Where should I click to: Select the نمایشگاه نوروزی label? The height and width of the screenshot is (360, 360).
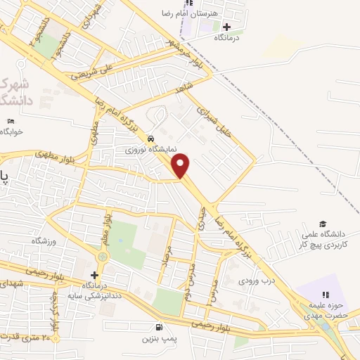tap(143, 150)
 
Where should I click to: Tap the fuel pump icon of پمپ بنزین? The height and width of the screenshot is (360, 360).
tap(160, 327)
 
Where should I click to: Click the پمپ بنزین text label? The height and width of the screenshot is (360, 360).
tap(158, 339)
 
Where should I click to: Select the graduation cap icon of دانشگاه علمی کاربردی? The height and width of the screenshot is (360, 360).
tap(323, 224)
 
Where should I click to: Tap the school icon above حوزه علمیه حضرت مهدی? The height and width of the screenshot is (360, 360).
tap(324, 295)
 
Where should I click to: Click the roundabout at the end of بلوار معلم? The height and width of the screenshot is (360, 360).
tap(105, 257)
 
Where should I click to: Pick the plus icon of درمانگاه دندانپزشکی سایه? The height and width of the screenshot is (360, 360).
tap(94, 274)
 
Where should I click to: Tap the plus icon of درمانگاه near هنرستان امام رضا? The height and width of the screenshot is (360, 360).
tap(227, 27)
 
